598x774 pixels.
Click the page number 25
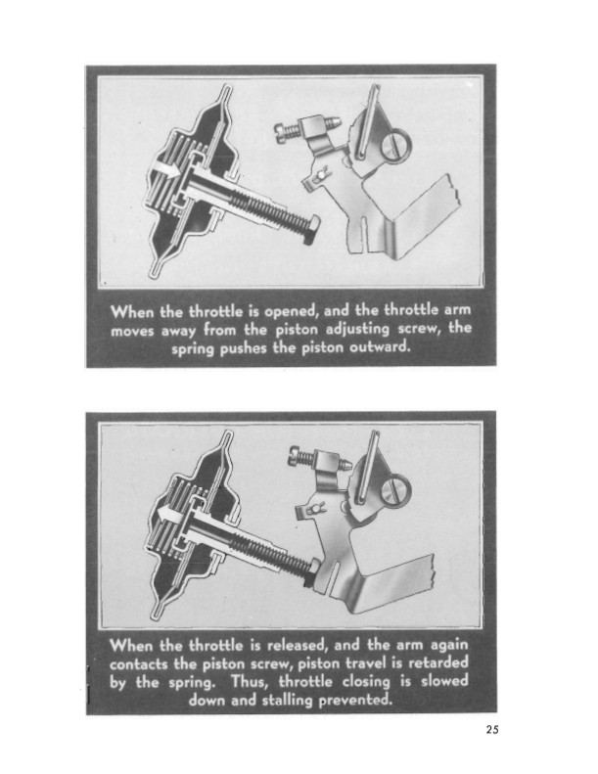point(492,729)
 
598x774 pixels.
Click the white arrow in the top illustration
point(165,171)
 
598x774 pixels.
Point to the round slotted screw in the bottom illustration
point(396,489)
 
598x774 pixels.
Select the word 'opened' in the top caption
point(290,312)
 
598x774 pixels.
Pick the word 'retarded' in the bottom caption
point(437,662)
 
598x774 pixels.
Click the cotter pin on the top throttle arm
point(320,175)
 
